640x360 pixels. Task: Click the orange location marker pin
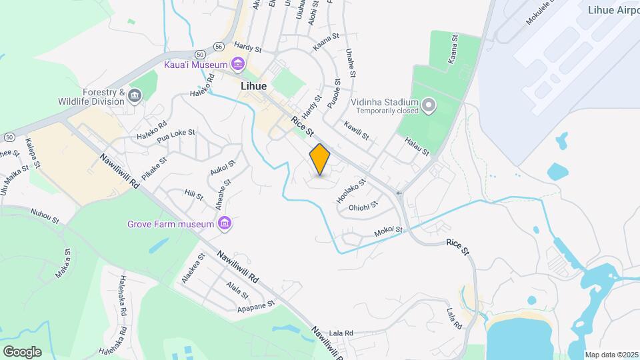[x=320, y=159]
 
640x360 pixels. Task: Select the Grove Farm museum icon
[x=225, y=223]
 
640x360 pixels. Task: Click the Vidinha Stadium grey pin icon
[x=429, y=105]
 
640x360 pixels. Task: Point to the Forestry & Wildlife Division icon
[x=135, y=97]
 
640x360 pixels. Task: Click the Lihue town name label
[x=254, y=87]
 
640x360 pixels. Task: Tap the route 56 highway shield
[x=219, y=46]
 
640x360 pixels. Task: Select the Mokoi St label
[x=389, y=231]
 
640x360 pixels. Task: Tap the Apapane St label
[x=256, y=306]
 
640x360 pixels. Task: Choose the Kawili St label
[x=356, y=129]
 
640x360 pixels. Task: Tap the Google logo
[x=22, y=352]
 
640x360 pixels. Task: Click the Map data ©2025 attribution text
[x=612, y=354]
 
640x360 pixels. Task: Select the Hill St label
[x=193, y=194]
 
